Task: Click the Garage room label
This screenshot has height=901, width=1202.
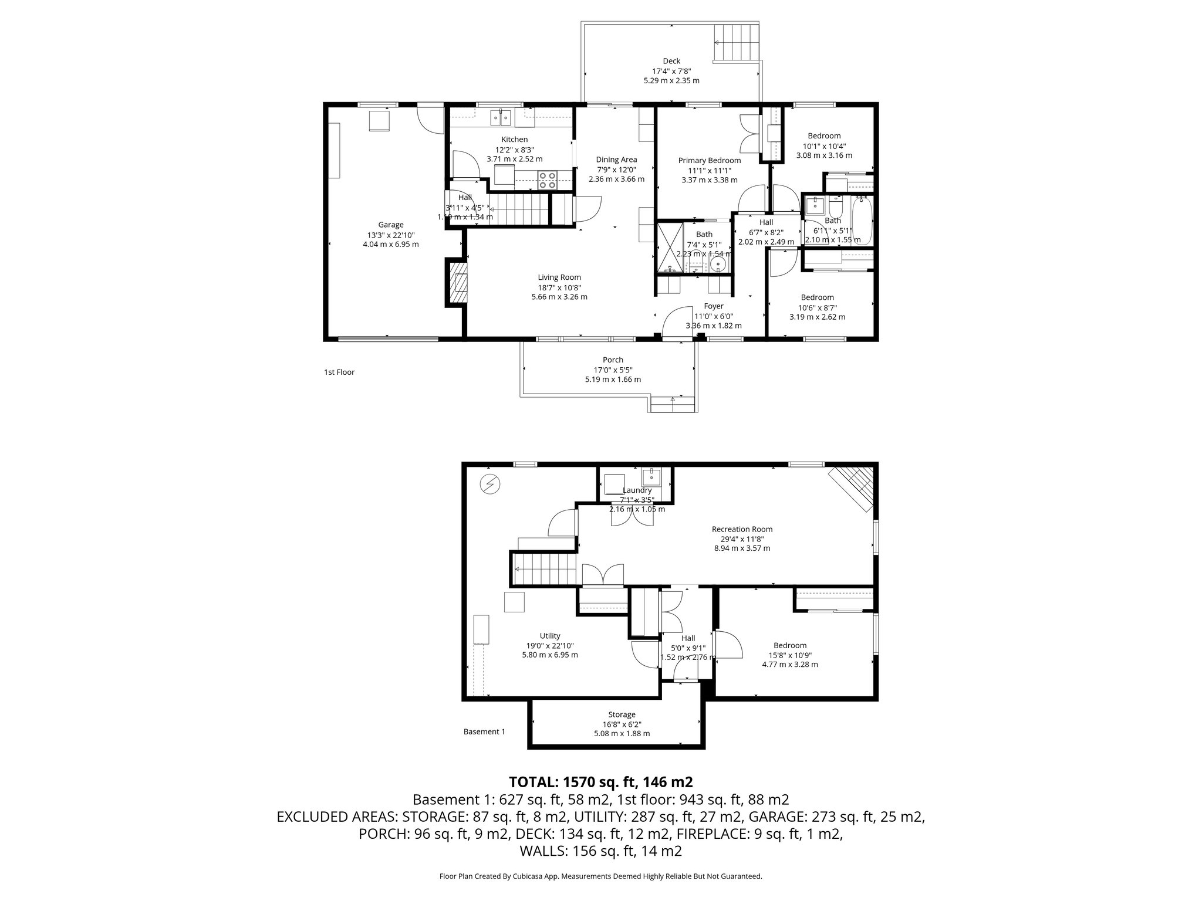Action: tap(390, 224)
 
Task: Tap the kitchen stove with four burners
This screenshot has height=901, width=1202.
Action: tap(136, 179)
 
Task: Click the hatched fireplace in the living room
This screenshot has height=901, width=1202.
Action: tap(460, 284)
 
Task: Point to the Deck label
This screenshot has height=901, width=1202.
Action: tap(671, 61)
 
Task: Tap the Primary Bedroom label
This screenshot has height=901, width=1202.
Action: tap(709, 160)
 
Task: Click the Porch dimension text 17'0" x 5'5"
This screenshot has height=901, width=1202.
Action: tap(613, 370)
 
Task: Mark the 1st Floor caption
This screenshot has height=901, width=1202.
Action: tap(339, 372)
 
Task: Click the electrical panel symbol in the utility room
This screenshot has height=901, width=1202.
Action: tap(488, 484)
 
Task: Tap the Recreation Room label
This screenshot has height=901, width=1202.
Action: tap(742, 529)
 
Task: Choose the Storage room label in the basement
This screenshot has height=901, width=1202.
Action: tap(622, 714)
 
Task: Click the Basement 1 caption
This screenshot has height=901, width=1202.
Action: tap(484, 731)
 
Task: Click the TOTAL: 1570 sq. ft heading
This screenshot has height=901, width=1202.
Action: tap(600, 782)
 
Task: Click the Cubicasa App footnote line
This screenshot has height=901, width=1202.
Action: tap(600, 876)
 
